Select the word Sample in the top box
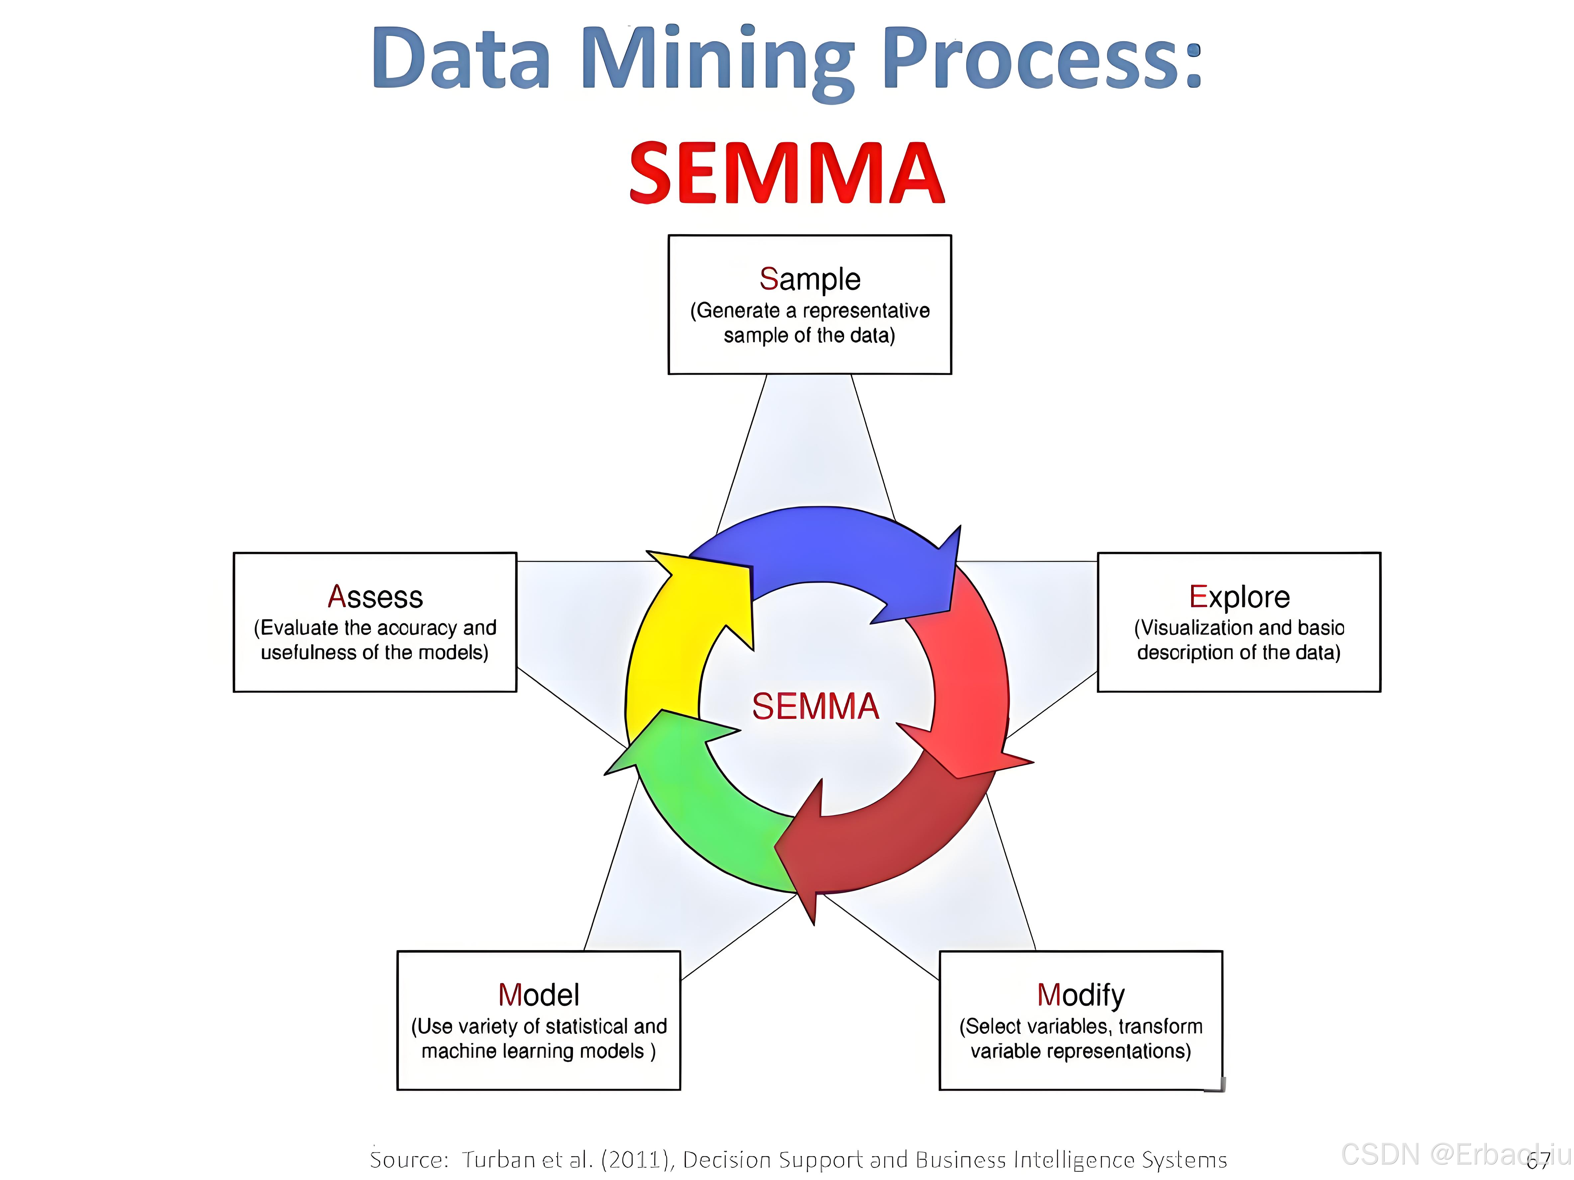(x=810, y=279)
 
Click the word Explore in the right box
(x=1239, y=597)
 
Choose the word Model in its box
(x=539, y=995)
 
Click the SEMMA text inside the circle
(x=816, y=706)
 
